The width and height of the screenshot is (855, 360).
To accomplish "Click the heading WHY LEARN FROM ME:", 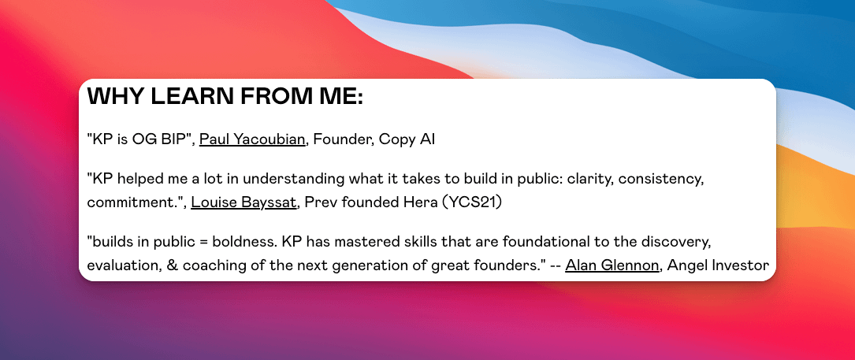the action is [225, 97].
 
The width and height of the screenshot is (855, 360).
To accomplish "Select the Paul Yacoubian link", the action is [252, 139].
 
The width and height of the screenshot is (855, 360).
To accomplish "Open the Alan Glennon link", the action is [612, 265].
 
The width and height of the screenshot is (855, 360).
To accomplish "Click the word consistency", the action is [659, 179].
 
